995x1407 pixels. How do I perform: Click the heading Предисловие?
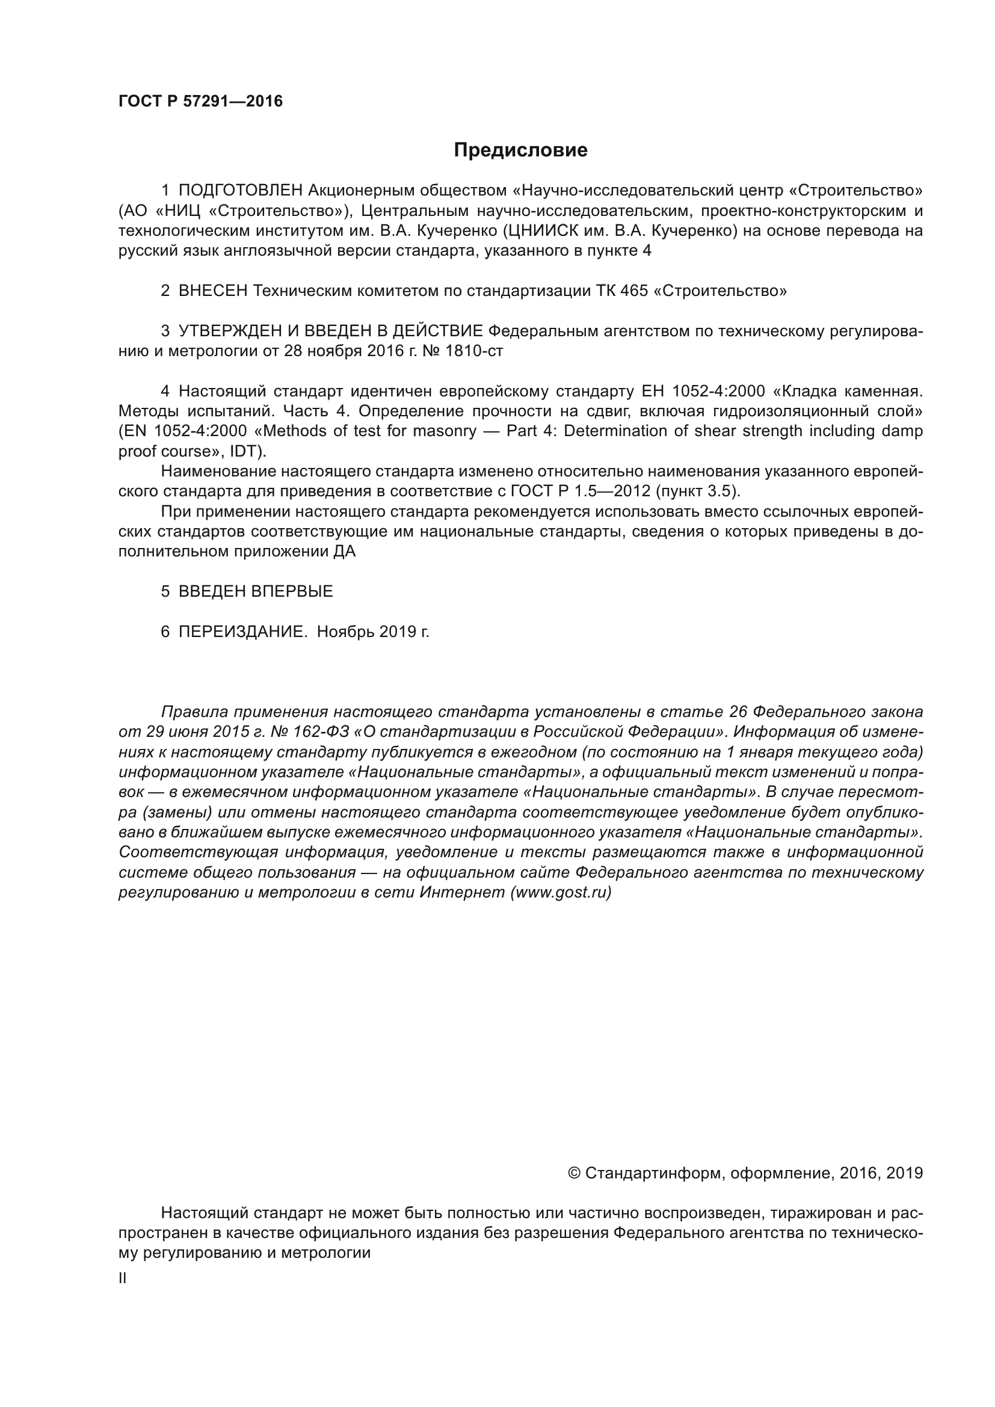click(520, 150)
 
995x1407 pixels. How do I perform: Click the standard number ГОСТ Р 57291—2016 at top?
click(200, 101)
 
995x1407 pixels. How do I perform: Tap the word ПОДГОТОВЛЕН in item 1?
click(241, 191)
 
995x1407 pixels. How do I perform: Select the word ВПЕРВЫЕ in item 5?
click(292, 591)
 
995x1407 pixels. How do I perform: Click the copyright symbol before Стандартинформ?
click(574, 1174)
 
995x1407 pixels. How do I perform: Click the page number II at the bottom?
click(123, 1279)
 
